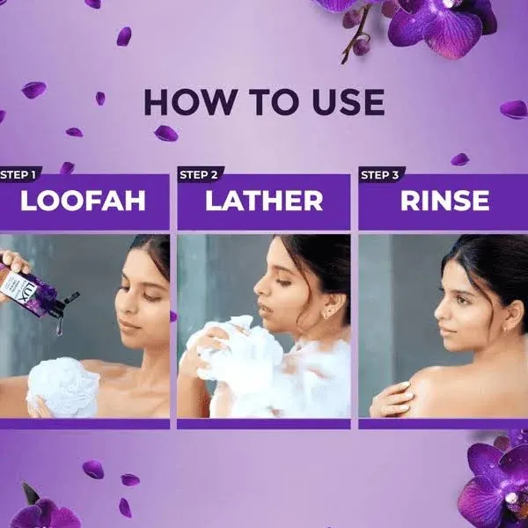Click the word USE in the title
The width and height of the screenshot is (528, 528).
click(x=342, y=102)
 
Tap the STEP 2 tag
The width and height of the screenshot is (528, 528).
click(x=200, y=174)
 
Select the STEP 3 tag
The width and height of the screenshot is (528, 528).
click(x=380, y=174)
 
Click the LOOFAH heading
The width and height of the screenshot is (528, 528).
click(x=83, y=201)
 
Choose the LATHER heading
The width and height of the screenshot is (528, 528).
click(x=264, y=201)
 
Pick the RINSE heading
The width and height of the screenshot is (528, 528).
click(x=444, y=201)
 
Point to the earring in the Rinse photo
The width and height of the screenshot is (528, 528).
click(x=508, y=330)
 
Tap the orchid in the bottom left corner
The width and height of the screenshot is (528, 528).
click(x=40, y=510)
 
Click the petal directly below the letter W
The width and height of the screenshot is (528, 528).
click(x=165, y=133)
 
